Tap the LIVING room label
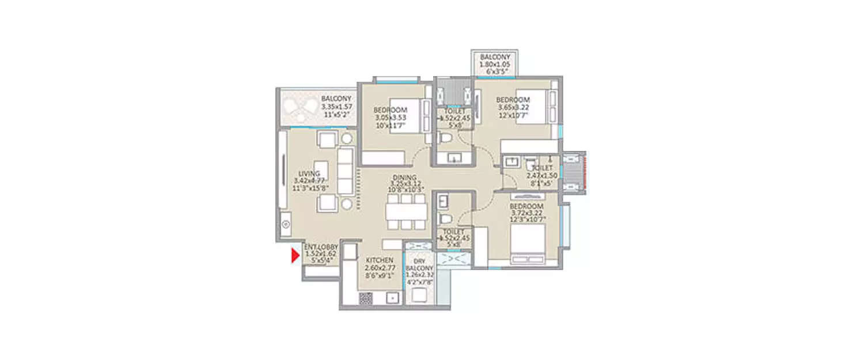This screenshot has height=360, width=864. point(309,173)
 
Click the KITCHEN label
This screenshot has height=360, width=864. point(379,260)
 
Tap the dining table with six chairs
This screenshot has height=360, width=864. point(406,211)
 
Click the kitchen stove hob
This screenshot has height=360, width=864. point(366,298)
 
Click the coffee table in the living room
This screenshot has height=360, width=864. point(321,170)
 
